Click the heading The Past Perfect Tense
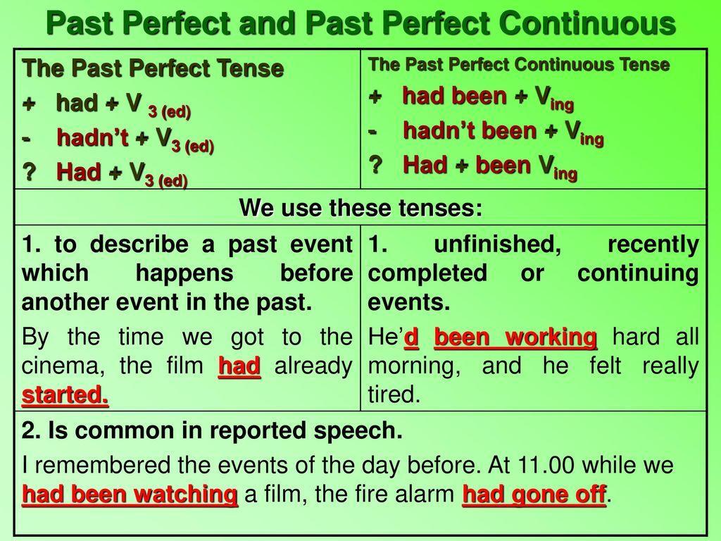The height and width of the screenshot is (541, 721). (153, 68)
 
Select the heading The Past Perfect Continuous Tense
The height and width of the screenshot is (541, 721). (519, 64)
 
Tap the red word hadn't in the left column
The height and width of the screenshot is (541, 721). (92, 137)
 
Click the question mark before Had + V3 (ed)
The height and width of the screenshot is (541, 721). (29, 173)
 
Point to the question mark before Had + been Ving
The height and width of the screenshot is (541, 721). (375, 165)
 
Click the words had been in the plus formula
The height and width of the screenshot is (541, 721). (454, 96)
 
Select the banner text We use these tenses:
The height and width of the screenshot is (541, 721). (361, 208)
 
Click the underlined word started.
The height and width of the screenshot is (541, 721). (65, 394)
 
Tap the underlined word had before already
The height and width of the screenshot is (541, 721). (239, 366)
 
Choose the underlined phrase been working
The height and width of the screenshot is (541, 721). (515, 337)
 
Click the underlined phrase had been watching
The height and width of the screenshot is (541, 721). (130, 494)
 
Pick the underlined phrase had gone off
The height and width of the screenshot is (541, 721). (534, 494)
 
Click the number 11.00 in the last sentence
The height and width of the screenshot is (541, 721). (546, 465)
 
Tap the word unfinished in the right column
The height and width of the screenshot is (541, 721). (498, 244)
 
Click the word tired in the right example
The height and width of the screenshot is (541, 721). (394, 394)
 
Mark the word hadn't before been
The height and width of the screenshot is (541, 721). (439, 130)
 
